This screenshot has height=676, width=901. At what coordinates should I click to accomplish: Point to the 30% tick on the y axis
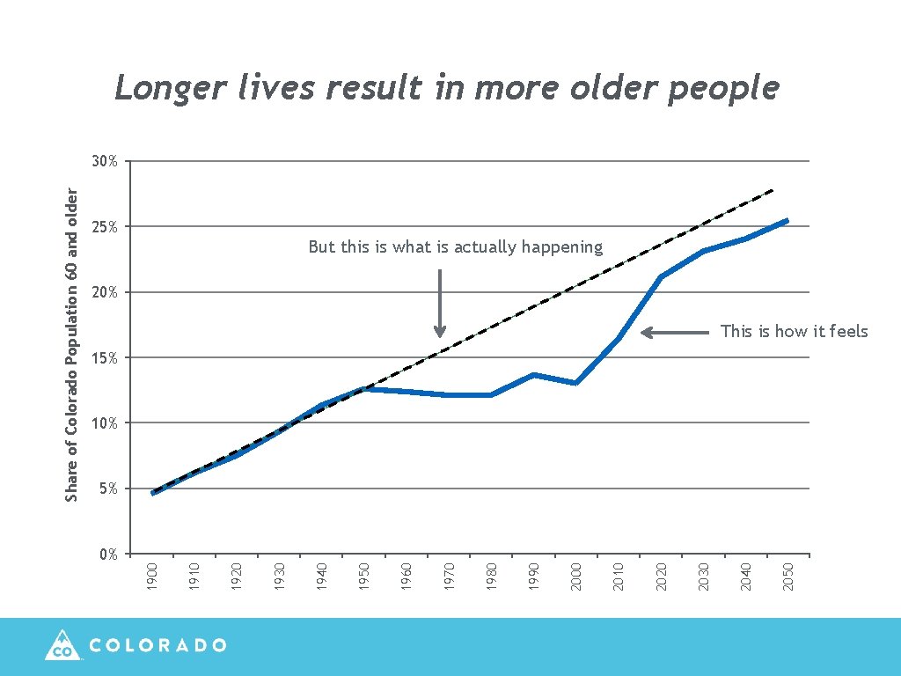[x=106, y=161]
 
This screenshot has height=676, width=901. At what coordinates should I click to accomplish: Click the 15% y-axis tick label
[x=106, y=357]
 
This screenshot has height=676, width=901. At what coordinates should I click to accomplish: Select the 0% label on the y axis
[x=108, y=554]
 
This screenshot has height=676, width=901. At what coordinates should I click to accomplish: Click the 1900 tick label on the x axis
[x=151, y=577]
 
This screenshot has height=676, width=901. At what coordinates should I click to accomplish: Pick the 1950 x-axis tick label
[x=364, y=577]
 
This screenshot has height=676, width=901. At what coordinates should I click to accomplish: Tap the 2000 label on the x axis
[x=575, y=577]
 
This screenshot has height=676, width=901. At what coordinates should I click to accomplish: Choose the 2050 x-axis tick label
[x=788, y=577]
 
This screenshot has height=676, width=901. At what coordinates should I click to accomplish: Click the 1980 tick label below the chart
[x=491, y=577]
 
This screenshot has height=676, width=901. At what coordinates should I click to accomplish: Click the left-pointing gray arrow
[x=674, y=332]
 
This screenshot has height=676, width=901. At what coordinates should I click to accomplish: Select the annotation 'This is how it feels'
[x=794, y=332]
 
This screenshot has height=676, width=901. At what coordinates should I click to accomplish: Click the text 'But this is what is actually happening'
[x=456, y=247]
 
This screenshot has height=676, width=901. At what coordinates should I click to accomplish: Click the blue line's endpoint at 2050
[x=786, y=221]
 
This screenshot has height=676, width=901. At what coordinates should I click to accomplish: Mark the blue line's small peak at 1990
[x=533, y=375]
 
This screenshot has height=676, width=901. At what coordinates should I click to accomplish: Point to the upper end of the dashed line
[x=772, y=190]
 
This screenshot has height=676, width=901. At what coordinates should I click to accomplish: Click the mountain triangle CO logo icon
[x=62, y=645]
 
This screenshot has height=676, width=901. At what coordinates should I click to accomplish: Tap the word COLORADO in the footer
[x=158, y=645]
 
